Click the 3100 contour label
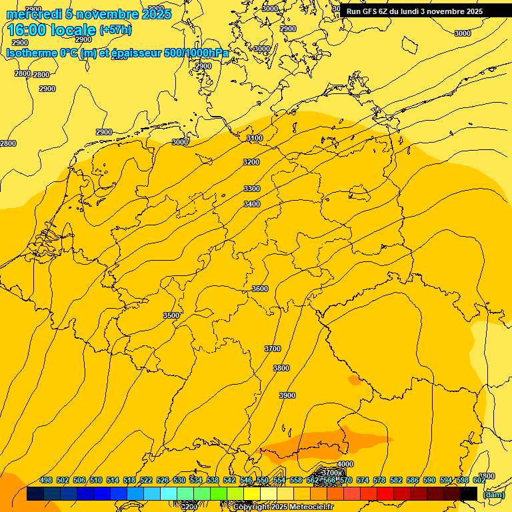point(255,138)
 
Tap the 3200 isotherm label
point(251,162)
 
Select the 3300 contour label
point(252,189)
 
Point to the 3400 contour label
point(252,204)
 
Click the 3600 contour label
point(260,289)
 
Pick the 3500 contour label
point(171,315)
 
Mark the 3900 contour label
point(287,395)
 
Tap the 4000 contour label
point(345,464)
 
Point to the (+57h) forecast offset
point(115,30)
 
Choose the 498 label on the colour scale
point(46,480)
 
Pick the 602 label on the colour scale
point(479,480)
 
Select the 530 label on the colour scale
point(179,480)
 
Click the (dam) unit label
point(493,495)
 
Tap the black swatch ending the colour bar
point(469,494)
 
